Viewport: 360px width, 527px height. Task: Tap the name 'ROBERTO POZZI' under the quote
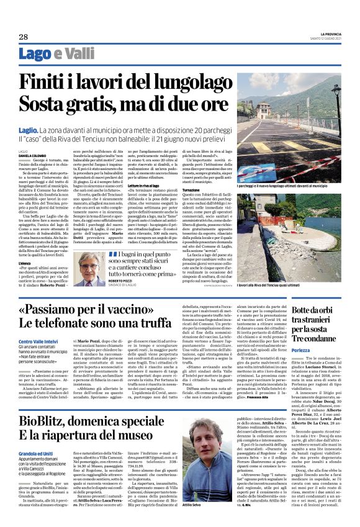pos(127,281)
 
